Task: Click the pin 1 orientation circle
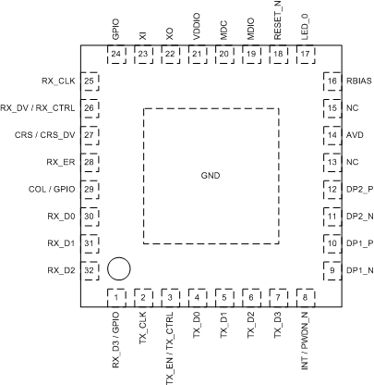[118, 269]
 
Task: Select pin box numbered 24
[117, 55]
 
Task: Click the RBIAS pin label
[357, 81]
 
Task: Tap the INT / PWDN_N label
[305, 344]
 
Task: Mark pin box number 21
[198, 55]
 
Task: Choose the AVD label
[354, 135]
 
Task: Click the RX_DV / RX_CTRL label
[37, 108]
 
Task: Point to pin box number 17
[305, 55]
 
